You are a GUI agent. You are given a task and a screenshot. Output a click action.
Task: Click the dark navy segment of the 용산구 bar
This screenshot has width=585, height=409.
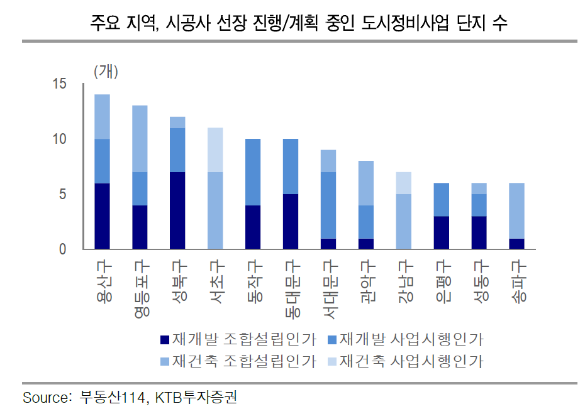point(102,215)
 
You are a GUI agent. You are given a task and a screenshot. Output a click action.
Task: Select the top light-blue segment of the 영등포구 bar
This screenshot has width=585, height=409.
point(140,139)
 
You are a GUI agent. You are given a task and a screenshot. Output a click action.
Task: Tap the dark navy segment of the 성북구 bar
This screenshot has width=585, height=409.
point(177,210)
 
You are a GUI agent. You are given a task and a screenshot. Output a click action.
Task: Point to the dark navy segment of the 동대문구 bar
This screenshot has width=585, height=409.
point(291,221)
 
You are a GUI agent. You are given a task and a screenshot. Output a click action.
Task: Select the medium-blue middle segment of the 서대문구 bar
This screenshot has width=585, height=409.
point(328,205)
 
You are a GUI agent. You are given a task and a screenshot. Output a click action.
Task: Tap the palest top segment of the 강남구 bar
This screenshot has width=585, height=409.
point(404,183)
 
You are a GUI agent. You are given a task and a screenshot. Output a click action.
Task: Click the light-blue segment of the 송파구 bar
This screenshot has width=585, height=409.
point(516,210)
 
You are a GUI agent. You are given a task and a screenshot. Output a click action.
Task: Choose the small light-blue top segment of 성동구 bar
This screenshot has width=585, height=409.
point(479,188)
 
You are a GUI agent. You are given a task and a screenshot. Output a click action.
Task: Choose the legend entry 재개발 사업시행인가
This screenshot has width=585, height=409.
point(406,340)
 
